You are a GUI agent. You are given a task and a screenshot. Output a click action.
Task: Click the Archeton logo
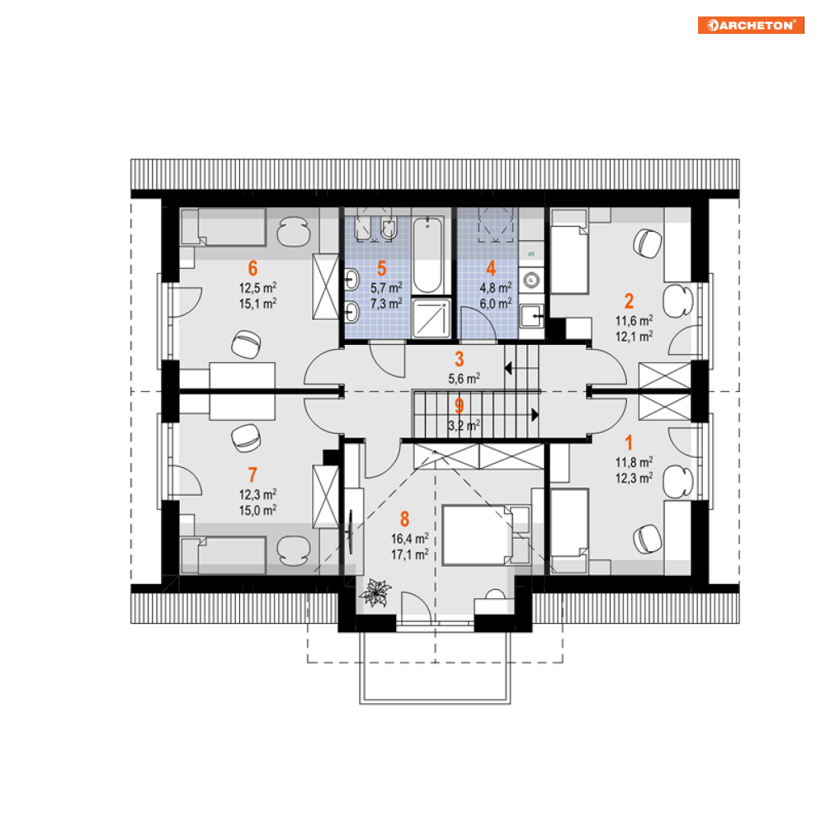751,25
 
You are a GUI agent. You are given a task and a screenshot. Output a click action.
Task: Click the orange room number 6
252,268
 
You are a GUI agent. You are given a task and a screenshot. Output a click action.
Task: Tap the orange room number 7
252,474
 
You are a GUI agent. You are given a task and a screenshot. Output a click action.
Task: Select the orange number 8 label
405,519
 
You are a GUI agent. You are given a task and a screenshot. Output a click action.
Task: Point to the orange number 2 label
629,301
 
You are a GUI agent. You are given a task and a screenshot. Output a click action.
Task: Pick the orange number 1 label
629,443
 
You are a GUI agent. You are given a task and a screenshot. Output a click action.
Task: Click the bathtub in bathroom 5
427,255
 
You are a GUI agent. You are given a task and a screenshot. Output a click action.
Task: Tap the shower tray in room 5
431,318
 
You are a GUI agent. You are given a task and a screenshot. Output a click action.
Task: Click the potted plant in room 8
375,592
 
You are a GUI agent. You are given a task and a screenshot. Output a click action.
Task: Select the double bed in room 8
476,535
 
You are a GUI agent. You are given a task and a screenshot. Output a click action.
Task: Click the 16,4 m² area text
409,539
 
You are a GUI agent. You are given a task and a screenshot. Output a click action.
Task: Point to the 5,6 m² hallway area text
464,378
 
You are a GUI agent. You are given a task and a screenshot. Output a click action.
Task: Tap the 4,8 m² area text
496,287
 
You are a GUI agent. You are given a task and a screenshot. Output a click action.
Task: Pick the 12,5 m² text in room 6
257,287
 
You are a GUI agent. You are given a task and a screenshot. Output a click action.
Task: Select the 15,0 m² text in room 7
257,510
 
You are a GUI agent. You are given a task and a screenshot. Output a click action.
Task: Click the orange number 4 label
491,268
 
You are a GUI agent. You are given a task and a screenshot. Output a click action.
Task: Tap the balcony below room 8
435,667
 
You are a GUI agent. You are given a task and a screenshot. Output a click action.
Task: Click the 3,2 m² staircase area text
464,425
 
